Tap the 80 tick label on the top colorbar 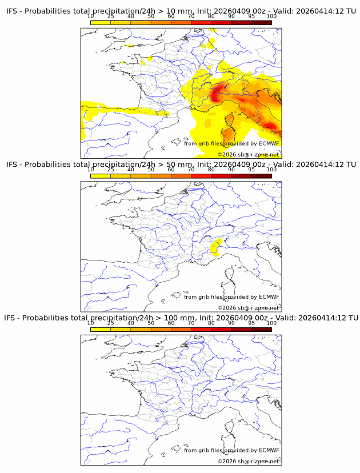pos(211,16)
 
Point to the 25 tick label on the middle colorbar pos(111,169)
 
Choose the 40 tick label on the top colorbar pos(131,16)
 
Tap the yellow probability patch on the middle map pos(215,247)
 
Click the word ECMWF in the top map pos(269,143)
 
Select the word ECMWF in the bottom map pos(269,450)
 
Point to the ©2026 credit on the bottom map pos(227,461)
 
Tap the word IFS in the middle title pos(13,165)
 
